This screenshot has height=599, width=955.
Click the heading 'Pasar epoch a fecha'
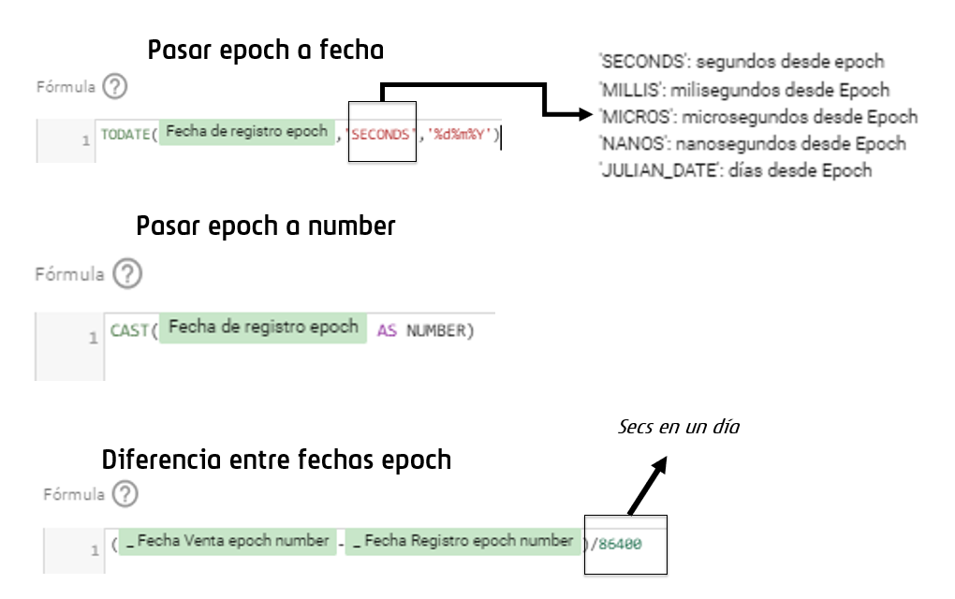pos(265,51)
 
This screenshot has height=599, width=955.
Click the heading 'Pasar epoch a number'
pos(266,226)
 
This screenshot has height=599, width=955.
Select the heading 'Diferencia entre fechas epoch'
pos(276,460)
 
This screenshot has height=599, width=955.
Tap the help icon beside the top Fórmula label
pos(115,87)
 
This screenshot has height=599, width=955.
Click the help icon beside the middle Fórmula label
pos(126,274)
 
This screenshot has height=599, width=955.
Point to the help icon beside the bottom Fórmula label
pos(124,494)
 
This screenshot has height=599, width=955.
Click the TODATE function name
pos(125,135)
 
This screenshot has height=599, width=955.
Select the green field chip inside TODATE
pos(247,132)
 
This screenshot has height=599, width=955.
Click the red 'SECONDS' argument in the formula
pos(380,135)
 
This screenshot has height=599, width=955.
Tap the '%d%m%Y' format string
pos(460,135)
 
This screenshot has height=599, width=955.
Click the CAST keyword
pos(128,330)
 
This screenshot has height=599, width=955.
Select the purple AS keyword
pos(387,331)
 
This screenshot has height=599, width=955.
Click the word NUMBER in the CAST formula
pos(435,331)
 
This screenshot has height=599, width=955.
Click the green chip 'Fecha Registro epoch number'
pos(463,541)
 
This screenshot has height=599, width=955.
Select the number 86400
pos(620,544)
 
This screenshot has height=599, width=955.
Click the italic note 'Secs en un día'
pos(679,427)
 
